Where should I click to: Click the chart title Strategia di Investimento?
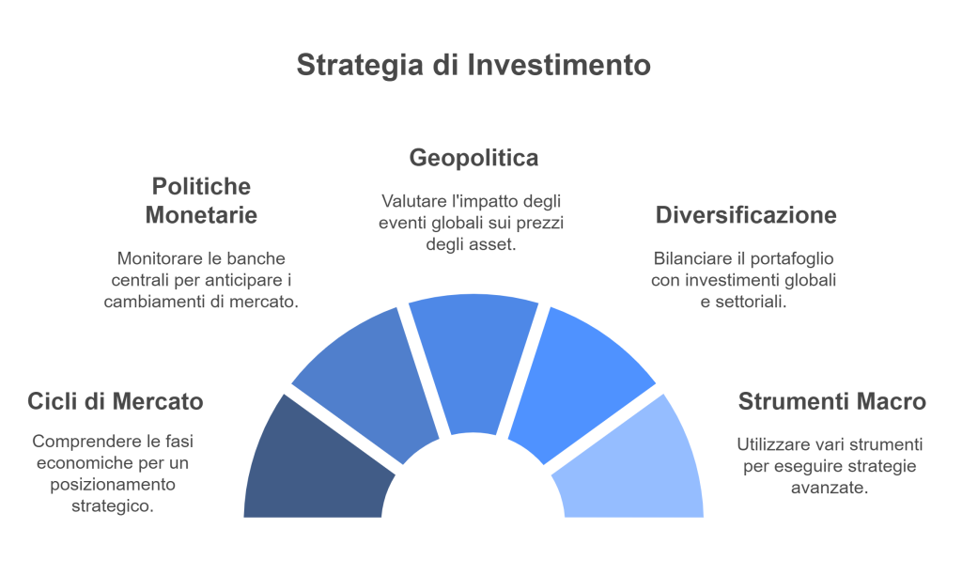pos(473,65)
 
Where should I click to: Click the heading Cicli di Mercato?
pos(116,401)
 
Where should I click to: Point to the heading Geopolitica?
pos(473,158)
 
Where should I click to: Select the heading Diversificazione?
pos(745,215)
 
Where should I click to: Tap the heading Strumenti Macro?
pos(832,401)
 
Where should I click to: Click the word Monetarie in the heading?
pos(201,215)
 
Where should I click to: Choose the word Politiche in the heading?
pos(201,186)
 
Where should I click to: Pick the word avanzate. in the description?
pos(832,488)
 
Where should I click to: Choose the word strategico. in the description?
pos(113,505)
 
